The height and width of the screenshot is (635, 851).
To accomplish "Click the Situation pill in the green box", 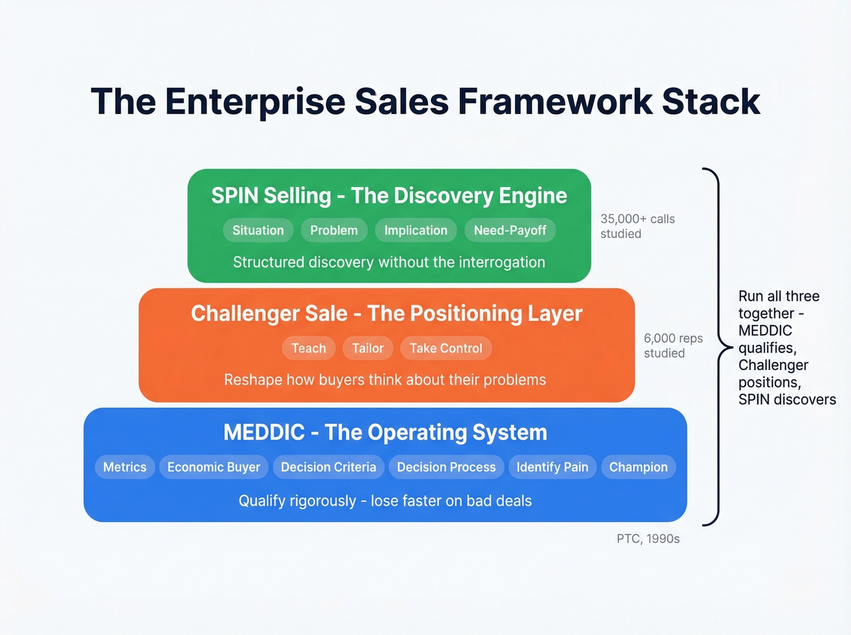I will [258, 230].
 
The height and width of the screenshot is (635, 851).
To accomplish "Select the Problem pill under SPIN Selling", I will [334, 230].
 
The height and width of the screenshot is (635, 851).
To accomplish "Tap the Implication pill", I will [416, 230].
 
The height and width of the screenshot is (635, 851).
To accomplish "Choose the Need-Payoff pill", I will [510, 230].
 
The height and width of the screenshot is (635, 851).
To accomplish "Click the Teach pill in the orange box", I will [309, 348].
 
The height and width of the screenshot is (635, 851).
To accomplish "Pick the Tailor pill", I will [368, 348].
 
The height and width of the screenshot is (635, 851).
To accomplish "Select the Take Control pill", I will [446, 348].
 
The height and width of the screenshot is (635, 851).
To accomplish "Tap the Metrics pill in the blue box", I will [125, 467].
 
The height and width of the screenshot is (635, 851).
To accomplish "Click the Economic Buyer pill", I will [213, 467].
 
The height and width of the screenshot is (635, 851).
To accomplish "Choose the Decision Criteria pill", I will [328, 467].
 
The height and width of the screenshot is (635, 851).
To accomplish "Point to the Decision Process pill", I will [446, 467].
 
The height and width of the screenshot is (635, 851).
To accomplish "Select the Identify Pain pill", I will [552, 467].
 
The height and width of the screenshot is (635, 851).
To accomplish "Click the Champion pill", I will [638, 467].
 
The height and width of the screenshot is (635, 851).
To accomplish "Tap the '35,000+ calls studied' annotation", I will [637, 226].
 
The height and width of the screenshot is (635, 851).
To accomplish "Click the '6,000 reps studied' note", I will [673, 346].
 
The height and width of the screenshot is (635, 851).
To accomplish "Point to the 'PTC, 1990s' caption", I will [648, 539].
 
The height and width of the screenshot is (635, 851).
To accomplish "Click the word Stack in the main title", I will [711, 101].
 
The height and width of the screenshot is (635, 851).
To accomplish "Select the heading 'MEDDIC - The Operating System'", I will [385, 433].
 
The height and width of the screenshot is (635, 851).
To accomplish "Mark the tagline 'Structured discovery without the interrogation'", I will [389, 263].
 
